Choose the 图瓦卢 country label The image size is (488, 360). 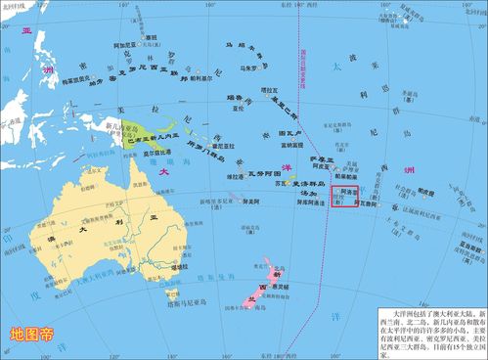[289, 132]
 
